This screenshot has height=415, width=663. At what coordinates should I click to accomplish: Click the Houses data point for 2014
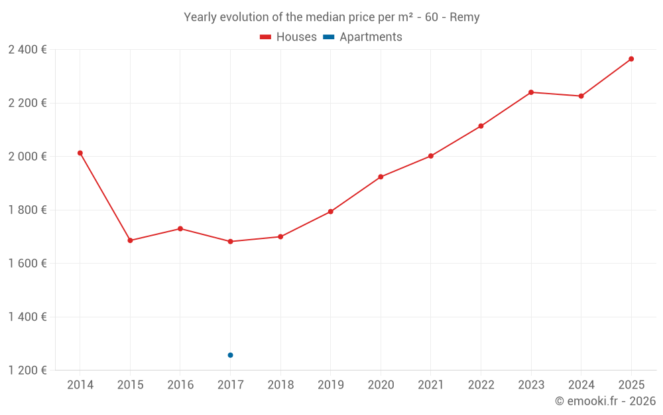80,153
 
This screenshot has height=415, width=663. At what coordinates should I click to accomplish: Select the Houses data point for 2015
130,240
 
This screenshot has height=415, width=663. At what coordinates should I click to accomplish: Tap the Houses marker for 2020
381,177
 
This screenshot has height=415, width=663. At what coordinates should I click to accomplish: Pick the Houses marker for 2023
531,92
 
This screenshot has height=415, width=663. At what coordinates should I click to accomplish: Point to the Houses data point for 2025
631,59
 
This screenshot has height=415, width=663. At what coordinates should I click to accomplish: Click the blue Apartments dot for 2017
230,355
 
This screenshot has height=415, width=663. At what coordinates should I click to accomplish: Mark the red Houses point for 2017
230,242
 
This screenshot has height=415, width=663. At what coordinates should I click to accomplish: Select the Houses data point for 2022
481,126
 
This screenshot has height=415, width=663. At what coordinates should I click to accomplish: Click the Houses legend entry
288,37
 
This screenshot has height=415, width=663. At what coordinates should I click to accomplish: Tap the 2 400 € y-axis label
27,50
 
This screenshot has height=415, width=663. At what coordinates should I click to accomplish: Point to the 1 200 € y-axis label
27,371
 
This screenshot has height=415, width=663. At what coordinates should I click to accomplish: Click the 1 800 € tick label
27,210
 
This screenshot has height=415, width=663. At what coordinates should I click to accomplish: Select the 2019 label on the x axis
330,385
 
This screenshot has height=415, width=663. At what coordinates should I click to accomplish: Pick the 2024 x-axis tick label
581,385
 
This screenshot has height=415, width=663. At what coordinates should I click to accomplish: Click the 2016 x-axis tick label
180,385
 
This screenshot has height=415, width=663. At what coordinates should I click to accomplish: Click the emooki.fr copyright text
605,401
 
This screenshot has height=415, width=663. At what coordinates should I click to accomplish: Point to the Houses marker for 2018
280,237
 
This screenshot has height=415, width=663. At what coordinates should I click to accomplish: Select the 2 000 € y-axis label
27,157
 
